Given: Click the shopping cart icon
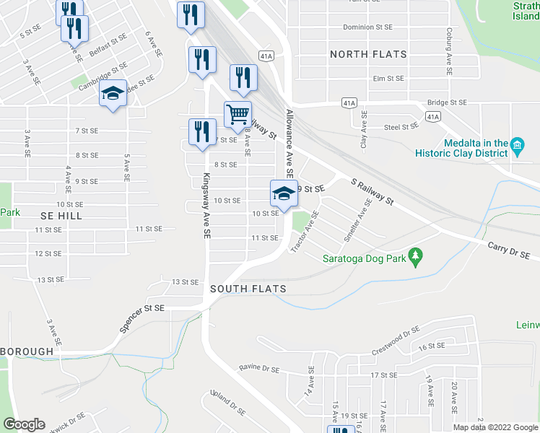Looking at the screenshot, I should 238,114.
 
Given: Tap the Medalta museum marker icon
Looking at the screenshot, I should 517,146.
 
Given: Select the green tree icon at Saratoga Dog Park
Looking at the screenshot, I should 414,255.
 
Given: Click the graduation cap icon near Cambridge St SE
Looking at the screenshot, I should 113,93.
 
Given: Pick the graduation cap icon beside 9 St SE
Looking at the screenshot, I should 284,193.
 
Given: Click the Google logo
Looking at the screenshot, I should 24,424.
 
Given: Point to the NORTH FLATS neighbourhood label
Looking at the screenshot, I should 368,54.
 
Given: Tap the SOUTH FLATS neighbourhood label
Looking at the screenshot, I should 248,289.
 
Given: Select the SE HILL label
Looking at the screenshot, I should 61,216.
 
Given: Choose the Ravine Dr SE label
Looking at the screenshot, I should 259,369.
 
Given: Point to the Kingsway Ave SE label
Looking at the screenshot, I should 206,206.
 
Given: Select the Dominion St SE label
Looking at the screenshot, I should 367,27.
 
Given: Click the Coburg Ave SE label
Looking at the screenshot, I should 449,52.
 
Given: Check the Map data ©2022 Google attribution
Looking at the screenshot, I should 495,427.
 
